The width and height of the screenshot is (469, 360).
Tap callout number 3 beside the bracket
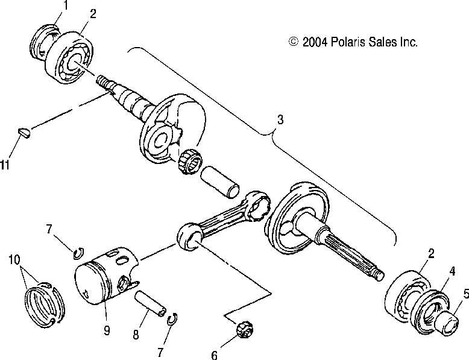click(279, 120)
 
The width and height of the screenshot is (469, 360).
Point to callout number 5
click(465, 295)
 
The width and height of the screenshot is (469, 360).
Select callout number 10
click(14, 260)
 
